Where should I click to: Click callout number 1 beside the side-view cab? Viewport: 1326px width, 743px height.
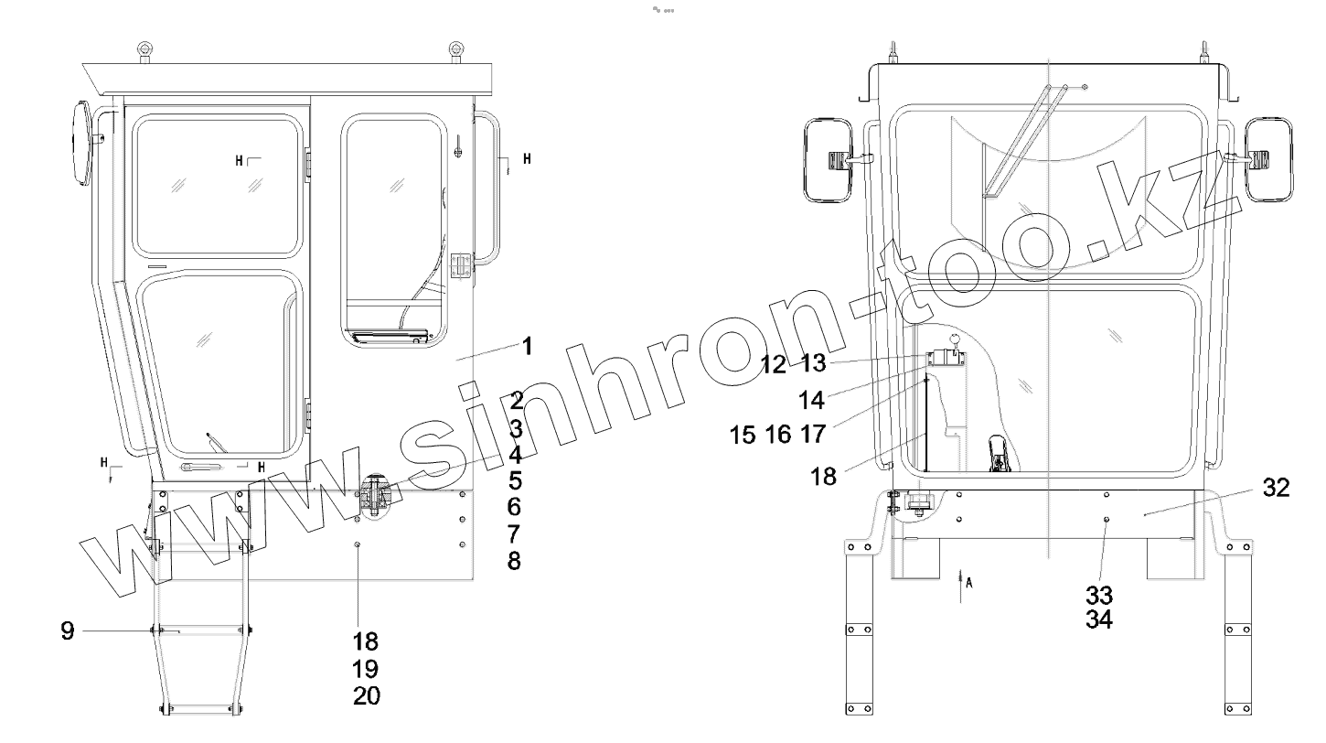click(x=527, y=346)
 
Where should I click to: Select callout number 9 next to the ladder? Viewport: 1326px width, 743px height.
click(x=68, y=631)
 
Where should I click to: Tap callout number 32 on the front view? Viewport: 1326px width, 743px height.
click(x=1277, y=488)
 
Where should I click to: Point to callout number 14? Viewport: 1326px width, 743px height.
click(x=811, y=401)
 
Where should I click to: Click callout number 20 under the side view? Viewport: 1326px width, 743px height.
click(x=367, y=695)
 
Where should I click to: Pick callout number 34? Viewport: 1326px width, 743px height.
click(x=1099, y=619)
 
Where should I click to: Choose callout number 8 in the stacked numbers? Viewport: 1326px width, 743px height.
click(x=514, y=561)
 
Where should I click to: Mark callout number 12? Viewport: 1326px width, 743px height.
click(x=774, y=364)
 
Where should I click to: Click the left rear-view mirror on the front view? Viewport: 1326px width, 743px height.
click(x=829, y=159)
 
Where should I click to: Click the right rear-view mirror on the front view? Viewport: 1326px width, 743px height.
click(x=1268, y=159)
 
